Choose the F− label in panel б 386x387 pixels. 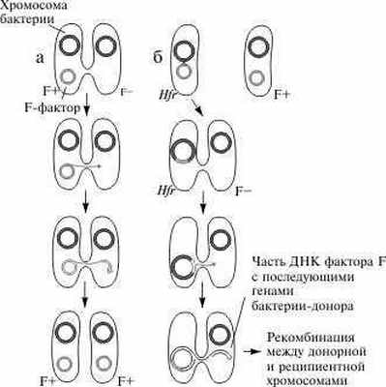click(246, 194)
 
